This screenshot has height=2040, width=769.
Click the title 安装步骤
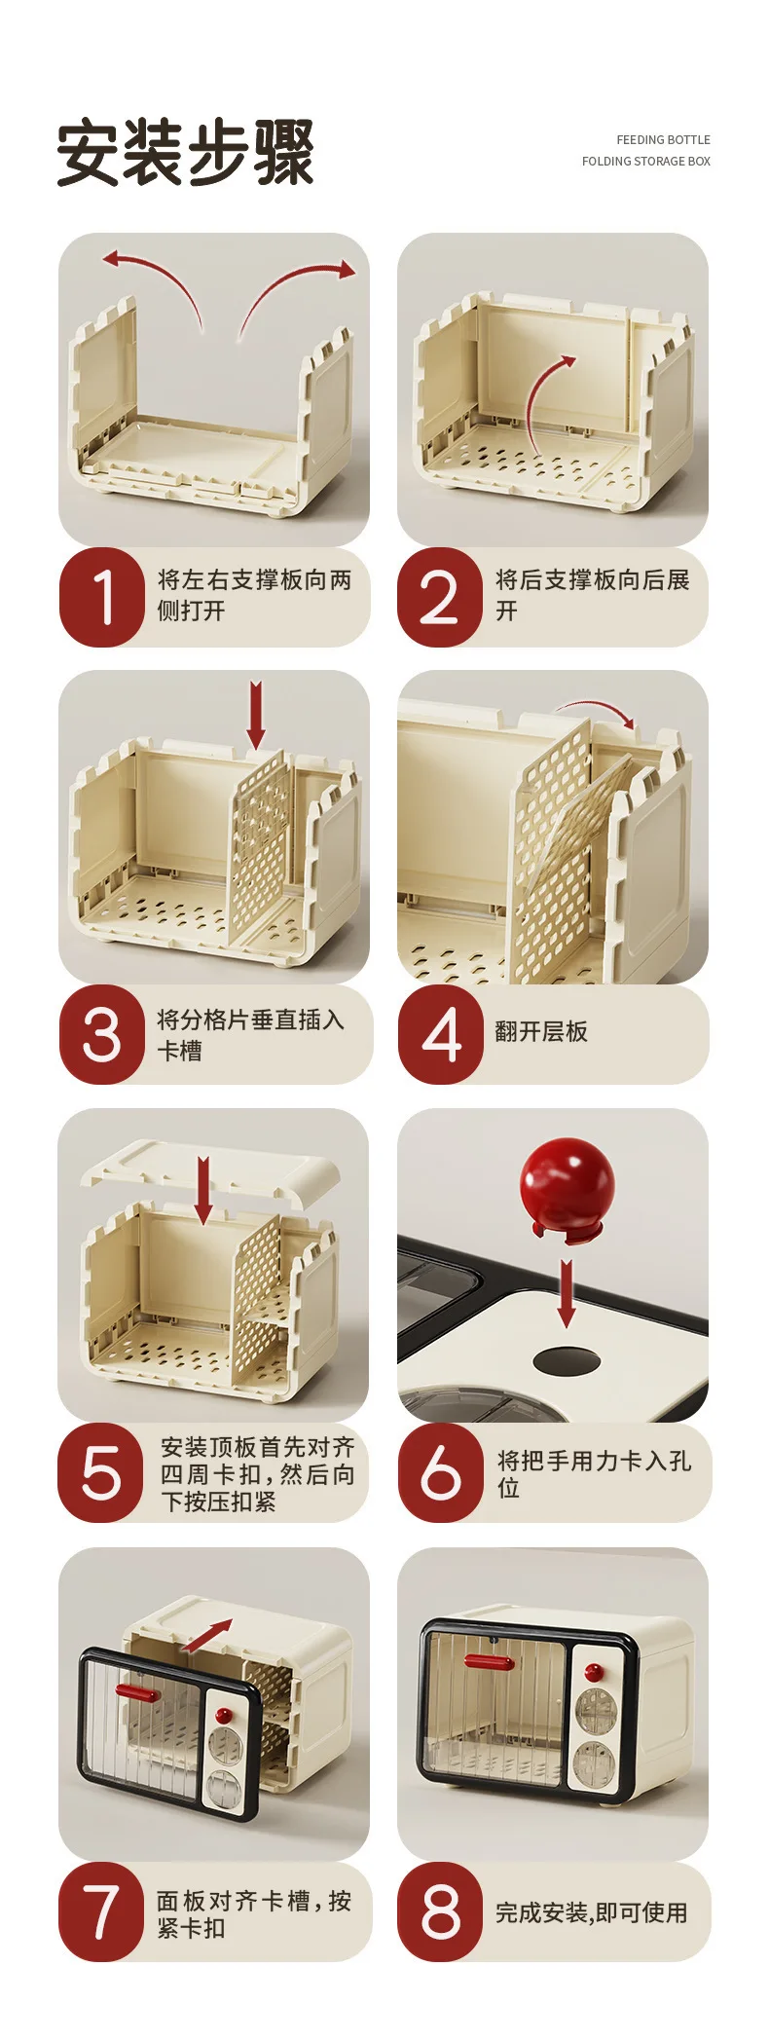coord(185,152)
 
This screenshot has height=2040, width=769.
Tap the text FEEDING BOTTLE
coord(663,140)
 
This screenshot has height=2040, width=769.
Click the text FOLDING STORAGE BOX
coord(646,162)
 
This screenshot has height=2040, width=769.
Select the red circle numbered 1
coord(102,597)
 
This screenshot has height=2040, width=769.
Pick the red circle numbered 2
coord(440,597)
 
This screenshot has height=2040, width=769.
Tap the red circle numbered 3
coord(102,1034)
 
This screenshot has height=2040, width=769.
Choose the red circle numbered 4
coord(441,1034)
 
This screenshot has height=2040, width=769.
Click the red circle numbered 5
coord(101,1472)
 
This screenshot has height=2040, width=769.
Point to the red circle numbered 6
coord(441,1472)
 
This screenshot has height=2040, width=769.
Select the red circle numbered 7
coord(101,1911)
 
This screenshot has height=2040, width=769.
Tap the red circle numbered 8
coord(440,1911)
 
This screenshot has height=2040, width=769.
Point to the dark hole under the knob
coord(567,1361)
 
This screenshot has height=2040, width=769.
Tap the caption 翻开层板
coord(541,1032)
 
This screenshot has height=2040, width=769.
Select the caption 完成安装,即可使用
coord(592,1913)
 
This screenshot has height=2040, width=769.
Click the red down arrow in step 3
coord(256,715)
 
